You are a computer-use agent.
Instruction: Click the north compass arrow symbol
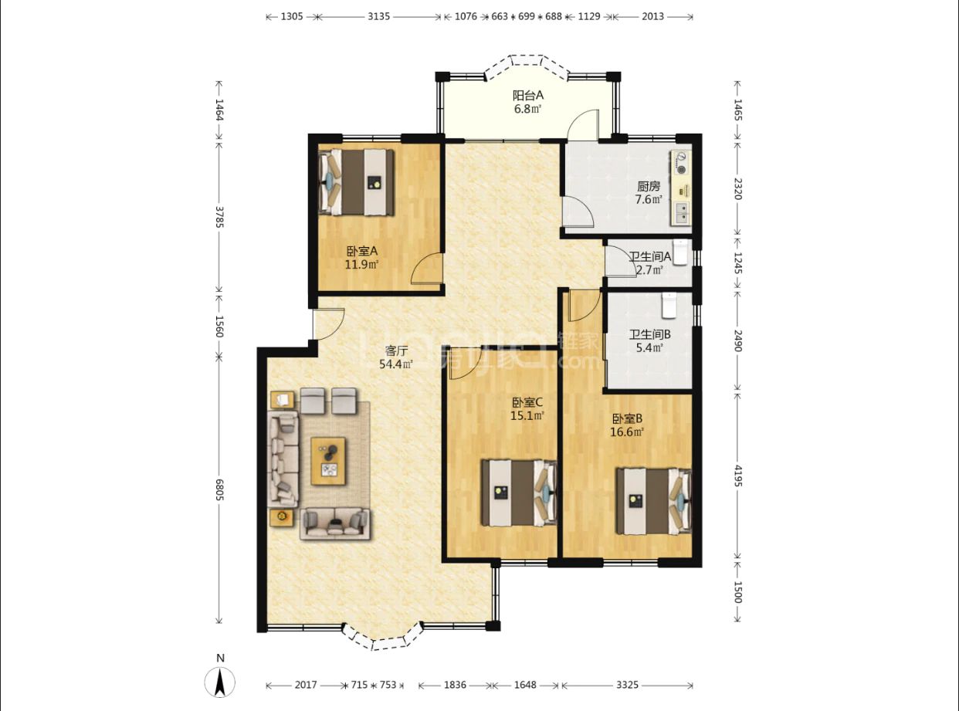pos(220,682)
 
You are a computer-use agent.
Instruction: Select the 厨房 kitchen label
pos(649,186)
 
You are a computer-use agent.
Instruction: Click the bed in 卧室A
pos(357,182)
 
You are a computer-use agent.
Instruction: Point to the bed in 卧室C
pos(520,493)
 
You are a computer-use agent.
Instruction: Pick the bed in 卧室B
pos(654,501)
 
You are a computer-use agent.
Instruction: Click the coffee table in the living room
pos(329,461)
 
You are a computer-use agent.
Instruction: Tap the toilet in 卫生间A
pos(680,252)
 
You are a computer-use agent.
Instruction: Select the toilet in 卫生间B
pos(669,306)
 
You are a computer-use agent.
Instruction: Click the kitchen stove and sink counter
pos(680,188)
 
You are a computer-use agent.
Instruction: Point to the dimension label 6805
pos(219,489)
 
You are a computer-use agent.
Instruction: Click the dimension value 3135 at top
pos(379,16)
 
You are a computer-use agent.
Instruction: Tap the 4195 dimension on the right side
pos(738,476)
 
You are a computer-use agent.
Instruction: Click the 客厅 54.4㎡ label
pos(396,357)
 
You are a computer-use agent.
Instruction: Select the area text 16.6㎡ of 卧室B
pos(627,432)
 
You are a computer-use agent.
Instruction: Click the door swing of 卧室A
pos(426,268)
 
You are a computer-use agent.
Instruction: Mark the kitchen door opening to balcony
pos(583,124)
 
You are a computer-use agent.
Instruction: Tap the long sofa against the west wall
pos(283,459)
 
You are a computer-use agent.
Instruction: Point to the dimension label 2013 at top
pos(652,16)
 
